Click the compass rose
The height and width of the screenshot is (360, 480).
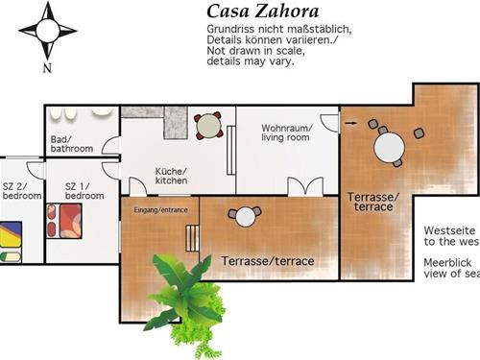pyautogui.click(x=47, y=29)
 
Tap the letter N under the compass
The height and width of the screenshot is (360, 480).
pyautogui.click(x=48, y=68)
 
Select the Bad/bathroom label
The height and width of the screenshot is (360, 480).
pyautogui.click(x=72, y=144)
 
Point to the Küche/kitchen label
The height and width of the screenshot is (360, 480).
pyautogui.click(x=172, y=176)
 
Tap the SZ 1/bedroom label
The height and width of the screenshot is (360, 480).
pyautogui.click(x=77, y=190)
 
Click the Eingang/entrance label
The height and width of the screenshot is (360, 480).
pyautogui.click(x=160, y=209)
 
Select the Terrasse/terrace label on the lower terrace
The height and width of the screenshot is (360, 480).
pyautogui.click(x=268, y=260)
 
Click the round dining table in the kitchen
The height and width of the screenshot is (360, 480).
pyautogui.click(x=208, y=126)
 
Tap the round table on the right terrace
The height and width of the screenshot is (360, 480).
pyautogui.click(x=389, y=147)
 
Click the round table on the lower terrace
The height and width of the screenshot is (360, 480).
pyautogui.click(x=246, y=218)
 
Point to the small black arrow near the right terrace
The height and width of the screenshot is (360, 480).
pyautogui.click(x=349, y=123)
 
